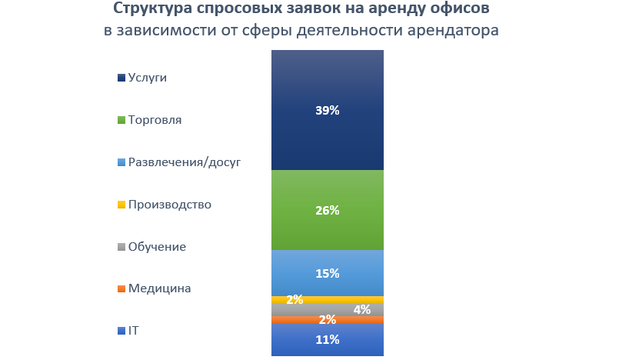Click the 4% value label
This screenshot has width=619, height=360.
coord(362,310)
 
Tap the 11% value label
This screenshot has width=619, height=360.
coord(328,339)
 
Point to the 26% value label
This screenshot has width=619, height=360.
coord(328,210)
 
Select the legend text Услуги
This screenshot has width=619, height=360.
coord(147,78)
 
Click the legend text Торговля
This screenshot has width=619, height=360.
coord(155,120)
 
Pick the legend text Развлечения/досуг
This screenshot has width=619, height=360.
coord(185,162)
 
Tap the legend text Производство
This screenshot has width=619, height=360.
coord(170,205)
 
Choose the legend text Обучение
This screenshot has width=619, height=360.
coord(157,247)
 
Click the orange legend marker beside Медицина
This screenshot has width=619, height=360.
coord(121,289)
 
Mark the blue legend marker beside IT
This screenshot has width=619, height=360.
coord(121,332)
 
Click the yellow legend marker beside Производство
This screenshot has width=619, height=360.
coord(121,205)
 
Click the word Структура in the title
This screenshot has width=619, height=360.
coord(151,10)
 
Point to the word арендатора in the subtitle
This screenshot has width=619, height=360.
coord(454,31)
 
